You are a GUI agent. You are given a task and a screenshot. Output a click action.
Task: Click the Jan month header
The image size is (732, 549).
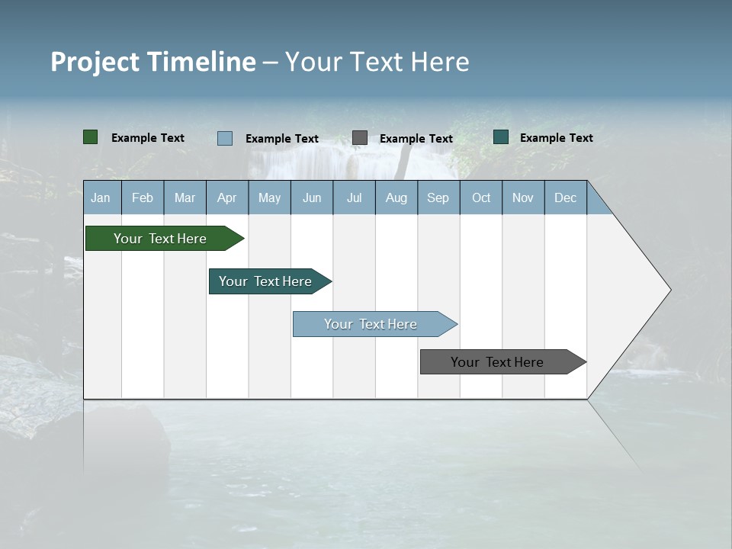[101, 197]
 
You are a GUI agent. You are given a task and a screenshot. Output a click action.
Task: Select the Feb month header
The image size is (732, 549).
[143, 197]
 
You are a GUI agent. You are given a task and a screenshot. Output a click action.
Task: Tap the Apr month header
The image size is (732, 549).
[227, 197]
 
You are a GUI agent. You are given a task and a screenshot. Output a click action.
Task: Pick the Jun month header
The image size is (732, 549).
[312, 197]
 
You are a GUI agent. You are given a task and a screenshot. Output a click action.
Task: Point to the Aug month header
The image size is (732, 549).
[396, 197]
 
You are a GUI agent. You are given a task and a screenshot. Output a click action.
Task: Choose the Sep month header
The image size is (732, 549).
[438, 197]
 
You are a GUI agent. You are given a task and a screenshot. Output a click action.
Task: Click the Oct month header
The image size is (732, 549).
[481, 197]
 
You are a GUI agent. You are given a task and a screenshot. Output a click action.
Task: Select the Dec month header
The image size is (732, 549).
[566, 197]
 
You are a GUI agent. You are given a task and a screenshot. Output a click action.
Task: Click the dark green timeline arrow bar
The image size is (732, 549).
[161, 239]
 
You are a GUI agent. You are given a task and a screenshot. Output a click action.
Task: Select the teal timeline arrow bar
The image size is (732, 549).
[266, 281]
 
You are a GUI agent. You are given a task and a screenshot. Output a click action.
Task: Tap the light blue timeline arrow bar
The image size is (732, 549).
[371, 324]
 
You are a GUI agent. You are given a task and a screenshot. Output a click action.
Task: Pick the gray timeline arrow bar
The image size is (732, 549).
[498, 362]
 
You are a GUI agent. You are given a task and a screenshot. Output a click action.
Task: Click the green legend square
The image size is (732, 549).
[91, 137]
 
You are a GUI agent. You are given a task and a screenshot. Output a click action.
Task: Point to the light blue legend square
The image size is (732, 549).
[225, 138]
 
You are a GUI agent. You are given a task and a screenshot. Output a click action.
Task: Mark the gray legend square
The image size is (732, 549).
[360, 137]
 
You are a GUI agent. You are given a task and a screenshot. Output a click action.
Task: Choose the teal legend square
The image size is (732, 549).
[501, 137]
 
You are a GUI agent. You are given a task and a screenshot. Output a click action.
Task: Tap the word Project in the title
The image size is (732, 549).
[95, 62]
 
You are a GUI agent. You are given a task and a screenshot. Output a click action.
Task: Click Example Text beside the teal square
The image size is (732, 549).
[556, 138]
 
